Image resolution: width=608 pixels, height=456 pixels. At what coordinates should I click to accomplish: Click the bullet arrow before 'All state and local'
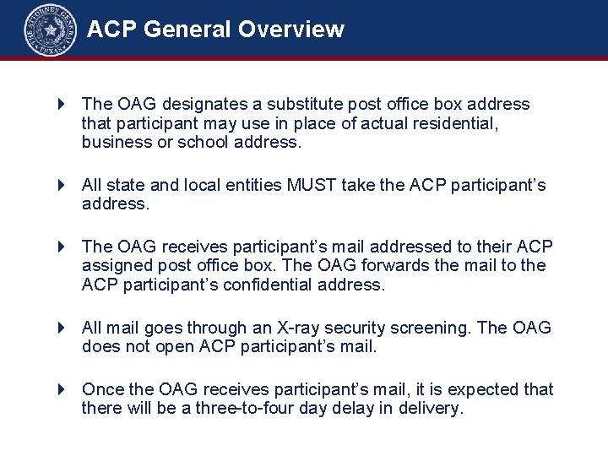click(x=61, y=185)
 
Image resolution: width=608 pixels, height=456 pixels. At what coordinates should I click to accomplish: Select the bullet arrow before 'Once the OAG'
click(x=61, y=389)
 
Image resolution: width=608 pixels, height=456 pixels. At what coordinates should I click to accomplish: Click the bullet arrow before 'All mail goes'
click(x=61, y=328)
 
